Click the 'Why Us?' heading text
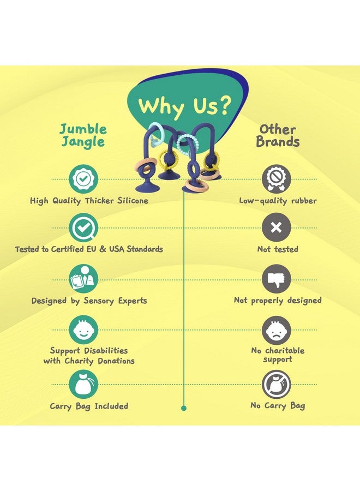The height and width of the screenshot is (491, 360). point(185,106)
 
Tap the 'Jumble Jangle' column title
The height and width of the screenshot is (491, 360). point(83,135)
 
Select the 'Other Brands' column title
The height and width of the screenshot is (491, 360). point(278,135)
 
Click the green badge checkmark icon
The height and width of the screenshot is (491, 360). point(83,179)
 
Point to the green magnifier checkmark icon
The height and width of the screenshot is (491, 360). point(83,227)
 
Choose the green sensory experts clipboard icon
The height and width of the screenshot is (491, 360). point(83,279)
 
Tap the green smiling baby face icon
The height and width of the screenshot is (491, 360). point(83,330)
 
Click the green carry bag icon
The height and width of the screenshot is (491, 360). point(83,384)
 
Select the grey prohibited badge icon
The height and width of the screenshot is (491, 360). point(277,179)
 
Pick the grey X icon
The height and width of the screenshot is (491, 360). point(277,227)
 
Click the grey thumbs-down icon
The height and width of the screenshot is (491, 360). point(277,279)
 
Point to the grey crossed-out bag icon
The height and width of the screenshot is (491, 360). point(277,385)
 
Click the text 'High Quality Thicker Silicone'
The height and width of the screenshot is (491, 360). point(89,201)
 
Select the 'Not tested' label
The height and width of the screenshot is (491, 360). point(278,249)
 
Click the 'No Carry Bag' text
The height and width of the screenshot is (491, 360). point(278,406)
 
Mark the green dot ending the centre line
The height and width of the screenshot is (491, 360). point(184,408)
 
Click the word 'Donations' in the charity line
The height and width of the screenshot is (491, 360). point(116,361)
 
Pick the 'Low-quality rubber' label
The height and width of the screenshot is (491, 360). point(278,201)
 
